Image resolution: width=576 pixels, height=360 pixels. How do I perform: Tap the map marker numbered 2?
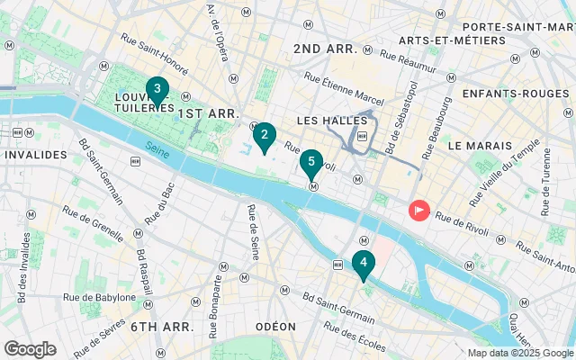click(x=263, y=138)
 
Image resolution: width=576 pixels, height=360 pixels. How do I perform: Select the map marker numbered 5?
click(x=310, y=165)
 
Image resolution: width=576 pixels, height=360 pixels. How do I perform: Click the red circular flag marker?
click(x=419, y=211)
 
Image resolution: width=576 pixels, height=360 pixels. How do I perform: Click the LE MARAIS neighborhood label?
click(x=479, y=145)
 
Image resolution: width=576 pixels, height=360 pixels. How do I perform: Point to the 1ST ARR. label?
click(x=207, y=113)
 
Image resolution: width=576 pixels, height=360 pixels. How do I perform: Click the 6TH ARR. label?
click(x=162, y=326)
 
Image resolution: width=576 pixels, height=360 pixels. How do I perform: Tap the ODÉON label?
click(x=275, y=326)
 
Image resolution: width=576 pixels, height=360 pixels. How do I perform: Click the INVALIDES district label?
click(x=35, y=155)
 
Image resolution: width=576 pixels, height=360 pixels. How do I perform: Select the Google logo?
click(x=30, y=348)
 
